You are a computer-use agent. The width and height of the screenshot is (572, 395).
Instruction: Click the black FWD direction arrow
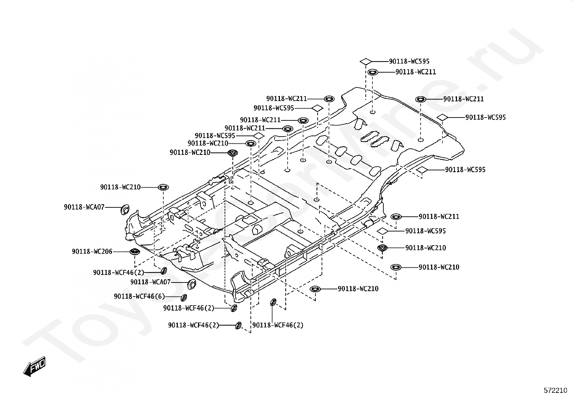click(x=34, y=366)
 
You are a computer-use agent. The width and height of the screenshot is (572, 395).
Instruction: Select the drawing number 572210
click(x=555, y=390)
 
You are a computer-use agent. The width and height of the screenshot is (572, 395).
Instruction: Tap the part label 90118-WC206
click(x=92, y=252)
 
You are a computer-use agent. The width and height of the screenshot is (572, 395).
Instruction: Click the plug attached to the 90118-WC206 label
click(x=135, y=252)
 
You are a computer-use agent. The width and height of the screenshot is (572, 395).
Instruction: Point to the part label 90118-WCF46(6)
click(x=139, y=297)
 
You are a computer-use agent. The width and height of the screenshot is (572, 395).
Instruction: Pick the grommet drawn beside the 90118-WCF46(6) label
click(x=184, y=297)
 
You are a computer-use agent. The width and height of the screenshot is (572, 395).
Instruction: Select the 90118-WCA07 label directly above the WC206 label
click(x=84, y=207)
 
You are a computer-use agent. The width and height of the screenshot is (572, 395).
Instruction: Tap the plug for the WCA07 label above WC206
click(x=125, y=209)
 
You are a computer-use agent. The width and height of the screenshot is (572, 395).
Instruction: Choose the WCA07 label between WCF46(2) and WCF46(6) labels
click(x=151, y=282)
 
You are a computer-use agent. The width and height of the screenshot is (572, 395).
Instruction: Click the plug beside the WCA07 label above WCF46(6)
click(x=191, y=284)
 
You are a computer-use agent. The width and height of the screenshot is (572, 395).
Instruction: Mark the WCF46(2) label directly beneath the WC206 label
click(x=119, y=272)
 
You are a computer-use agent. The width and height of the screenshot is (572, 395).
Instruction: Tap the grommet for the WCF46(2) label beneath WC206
click(x=164, y=270)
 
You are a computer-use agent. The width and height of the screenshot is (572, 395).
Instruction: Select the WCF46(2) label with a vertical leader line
click(x=278, y=325)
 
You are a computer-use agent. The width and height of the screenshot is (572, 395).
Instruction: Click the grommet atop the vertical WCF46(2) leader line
click(x=273, y=302)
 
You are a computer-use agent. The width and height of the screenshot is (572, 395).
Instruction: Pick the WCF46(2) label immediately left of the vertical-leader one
click(x=194, y=325)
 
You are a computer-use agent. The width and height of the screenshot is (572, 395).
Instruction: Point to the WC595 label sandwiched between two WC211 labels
click(x=274, y=108)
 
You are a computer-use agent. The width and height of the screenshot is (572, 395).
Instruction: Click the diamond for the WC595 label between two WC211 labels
click(x=317, y=108)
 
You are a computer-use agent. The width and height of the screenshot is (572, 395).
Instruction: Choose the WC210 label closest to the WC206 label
click(x=120, y=187)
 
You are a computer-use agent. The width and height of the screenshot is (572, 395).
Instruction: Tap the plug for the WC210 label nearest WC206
click(x=163, y=187)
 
